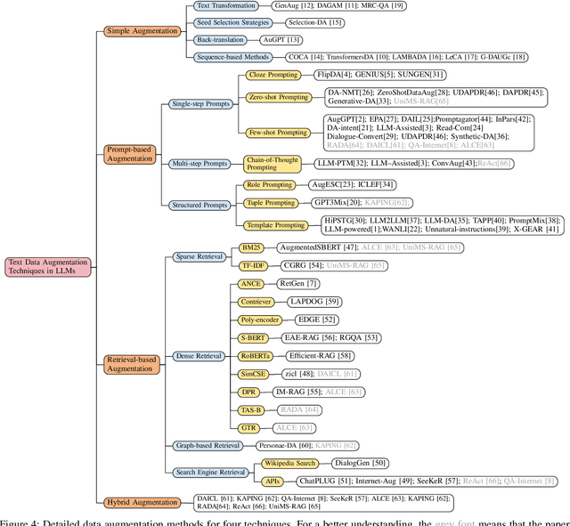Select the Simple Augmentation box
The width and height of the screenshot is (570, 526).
click(142, 31)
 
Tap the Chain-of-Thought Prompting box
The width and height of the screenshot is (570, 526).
click(274, 164)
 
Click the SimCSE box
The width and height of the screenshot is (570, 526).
click(255, 374)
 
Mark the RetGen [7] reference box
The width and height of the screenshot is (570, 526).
click(298, 283)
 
